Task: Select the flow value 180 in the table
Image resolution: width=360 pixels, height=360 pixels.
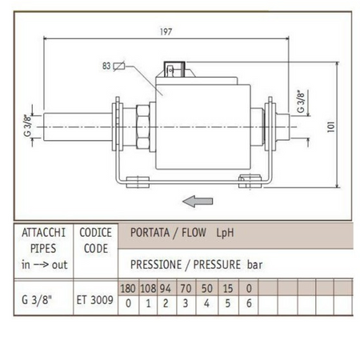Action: pyautogui.click(x=127, y=288)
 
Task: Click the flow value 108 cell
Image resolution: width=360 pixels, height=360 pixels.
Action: pyautogui.click(x=147, y=288)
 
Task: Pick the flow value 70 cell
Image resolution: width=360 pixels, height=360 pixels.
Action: pyautogui.click(x=184, y=288)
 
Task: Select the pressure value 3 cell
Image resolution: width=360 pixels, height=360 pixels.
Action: pyautogui.click(x=184, y=304)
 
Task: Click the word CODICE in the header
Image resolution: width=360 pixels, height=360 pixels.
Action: pyautogui.click(x=96, y=233)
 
